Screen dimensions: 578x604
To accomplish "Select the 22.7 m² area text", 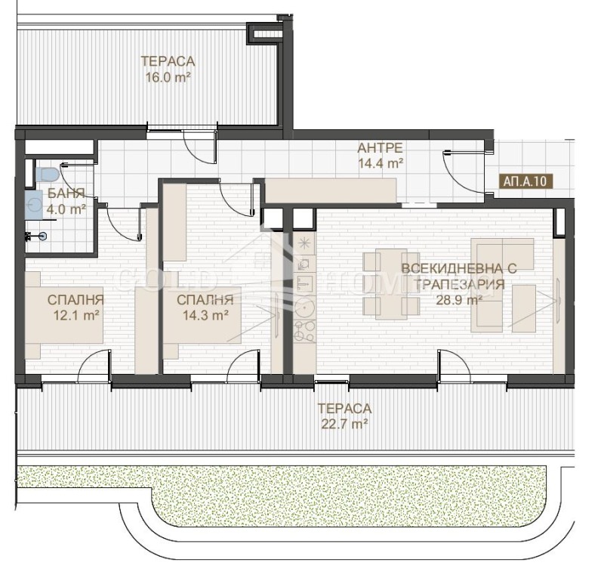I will point(344,425).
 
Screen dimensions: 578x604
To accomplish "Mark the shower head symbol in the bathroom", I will point(39,236).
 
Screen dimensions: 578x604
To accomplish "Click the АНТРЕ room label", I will point(381,148).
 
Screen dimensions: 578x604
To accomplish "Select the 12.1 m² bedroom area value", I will point(74,314).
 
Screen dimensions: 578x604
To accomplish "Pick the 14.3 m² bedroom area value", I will point(205,314).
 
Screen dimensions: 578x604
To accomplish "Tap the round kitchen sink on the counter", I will point(304,306).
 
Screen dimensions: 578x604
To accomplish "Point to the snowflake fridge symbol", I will point(304,243).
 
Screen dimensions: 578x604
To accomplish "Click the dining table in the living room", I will point(391,283).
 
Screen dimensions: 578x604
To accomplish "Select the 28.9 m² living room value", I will point(458,299).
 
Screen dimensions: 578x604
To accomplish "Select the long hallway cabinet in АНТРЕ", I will point(331,190).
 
